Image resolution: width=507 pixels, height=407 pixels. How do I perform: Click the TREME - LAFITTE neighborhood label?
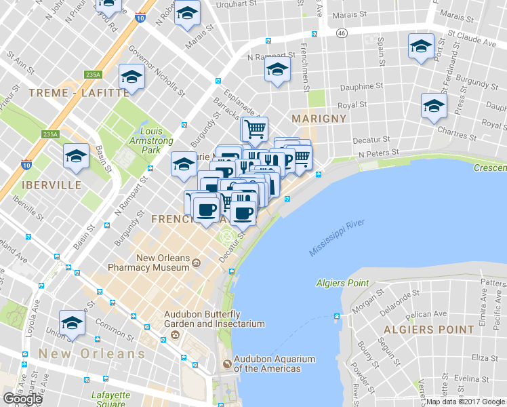click(78, 92)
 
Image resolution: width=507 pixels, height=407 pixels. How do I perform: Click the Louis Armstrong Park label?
click(151, 140)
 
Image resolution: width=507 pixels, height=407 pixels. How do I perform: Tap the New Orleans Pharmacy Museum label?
click(163, 263)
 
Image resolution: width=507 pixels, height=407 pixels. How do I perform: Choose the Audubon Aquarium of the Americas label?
click(266, 364)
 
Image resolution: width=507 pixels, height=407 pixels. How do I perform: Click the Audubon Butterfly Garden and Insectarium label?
click(214, 319)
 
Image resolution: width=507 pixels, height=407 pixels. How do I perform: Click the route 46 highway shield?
click(342, 32)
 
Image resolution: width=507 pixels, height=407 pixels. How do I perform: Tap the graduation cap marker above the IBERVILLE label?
click(77, 155)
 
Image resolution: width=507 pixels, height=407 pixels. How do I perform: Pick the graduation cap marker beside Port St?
click(421, 47)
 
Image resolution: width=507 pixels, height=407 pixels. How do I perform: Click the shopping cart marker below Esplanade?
click(254, 128)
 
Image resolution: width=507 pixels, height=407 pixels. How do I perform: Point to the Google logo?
click(22, 398)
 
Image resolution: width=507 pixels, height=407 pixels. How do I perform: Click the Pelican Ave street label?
click(428, 314)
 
